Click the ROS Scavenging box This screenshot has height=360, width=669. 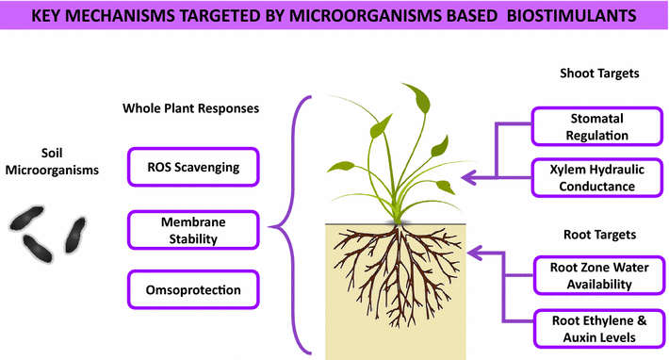tap(192, 168)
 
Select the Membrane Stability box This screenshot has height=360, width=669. tap(192, 229)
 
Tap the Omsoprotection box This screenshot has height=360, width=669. tap(192, 290)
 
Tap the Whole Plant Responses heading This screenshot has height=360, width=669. tap(190, 108)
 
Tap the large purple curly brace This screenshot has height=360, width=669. tap(287, 226)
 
